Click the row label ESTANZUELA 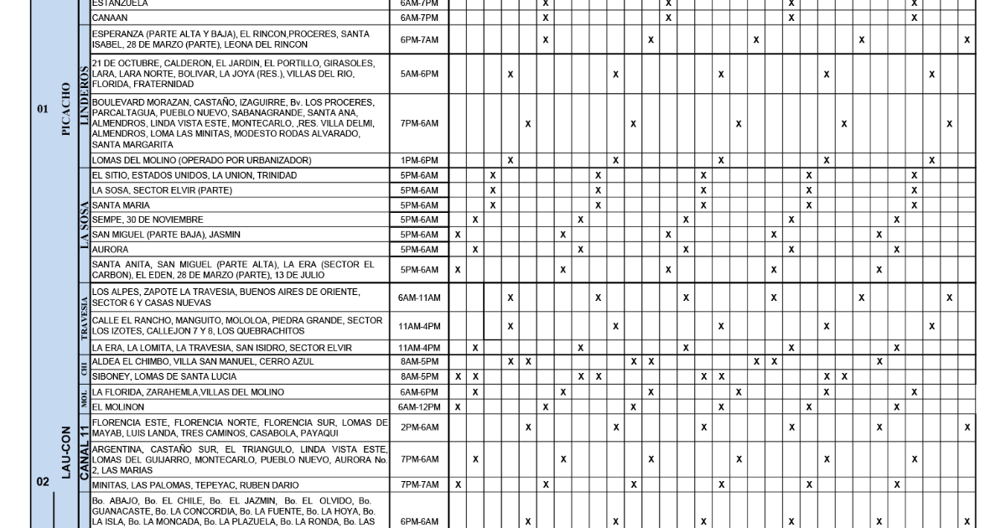120,3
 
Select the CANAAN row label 110,17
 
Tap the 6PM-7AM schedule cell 419,39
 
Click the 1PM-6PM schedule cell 419,160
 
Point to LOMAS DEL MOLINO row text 201,160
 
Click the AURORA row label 111,250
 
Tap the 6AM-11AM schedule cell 419,298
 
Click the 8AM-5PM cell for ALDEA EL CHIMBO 419,361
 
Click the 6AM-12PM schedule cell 419,407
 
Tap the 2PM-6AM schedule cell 419,427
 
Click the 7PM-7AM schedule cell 419,485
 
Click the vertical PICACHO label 65,109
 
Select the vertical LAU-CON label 65,453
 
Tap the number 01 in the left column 43,108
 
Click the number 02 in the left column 43,482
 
